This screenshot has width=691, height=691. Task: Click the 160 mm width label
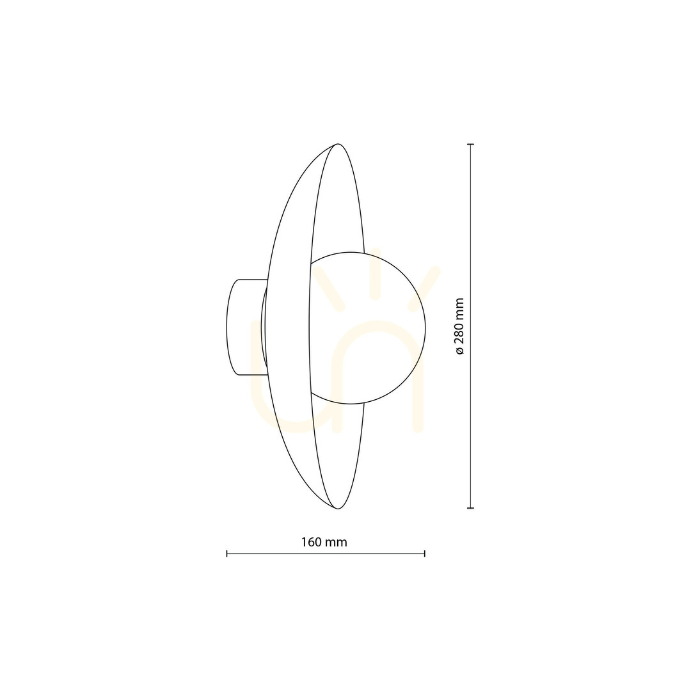click(324, 542)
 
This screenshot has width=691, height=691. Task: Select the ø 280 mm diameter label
click(459, 326)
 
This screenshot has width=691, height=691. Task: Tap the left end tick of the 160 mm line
click(226, 553)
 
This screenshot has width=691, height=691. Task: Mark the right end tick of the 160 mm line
click(424, 553)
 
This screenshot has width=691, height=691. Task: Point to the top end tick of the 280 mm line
click(471, 144)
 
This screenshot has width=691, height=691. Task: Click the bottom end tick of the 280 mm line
click(471, 508)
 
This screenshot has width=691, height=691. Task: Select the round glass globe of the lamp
click(367, 328)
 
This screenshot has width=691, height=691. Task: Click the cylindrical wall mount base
click(246, 327)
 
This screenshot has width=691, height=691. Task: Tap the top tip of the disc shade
click(338, 144)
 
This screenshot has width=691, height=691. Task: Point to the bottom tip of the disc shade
click(338, 509)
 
